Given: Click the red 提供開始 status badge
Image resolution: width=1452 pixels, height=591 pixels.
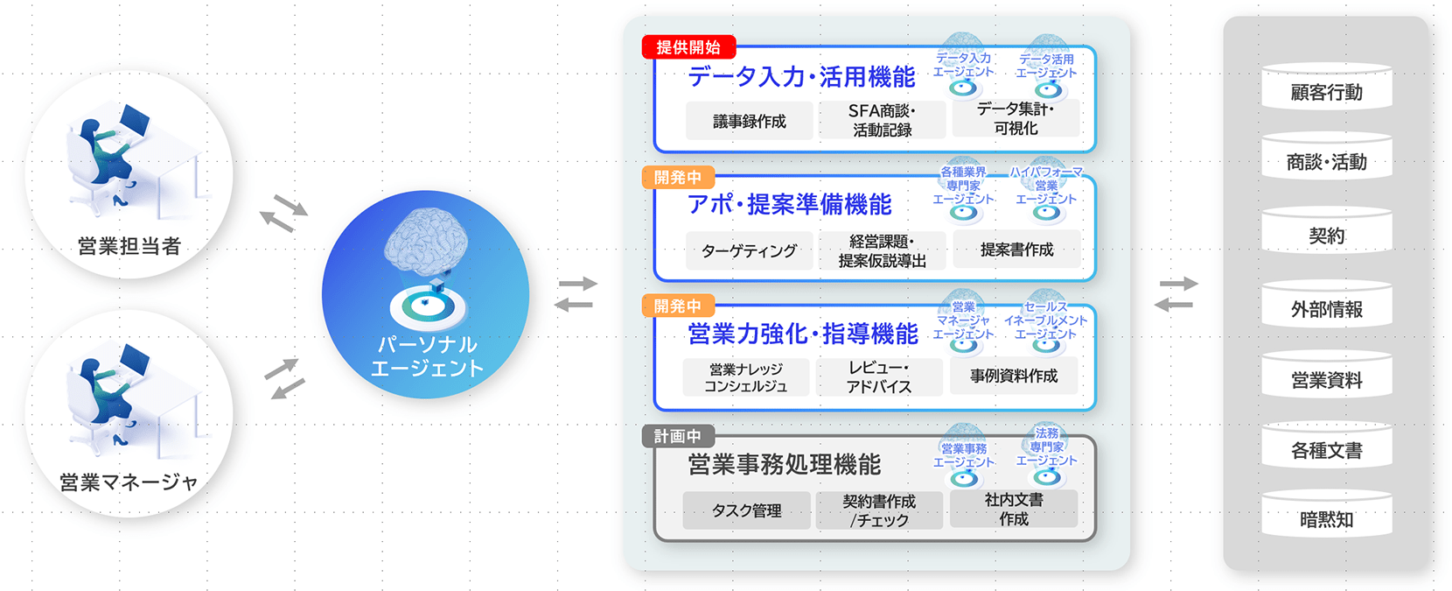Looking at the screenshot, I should point(688,47).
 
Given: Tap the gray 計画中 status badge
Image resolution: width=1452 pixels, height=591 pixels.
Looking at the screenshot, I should point(677,436).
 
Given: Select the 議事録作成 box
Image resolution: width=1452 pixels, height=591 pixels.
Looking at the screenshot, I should point(750,121).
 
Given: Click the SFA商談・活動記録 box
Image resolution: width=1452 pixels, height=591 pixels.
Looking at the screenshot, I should point(882,121).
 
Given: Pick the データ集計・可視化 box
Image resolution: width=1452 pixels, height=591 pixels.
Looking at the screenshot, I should point(1016,118).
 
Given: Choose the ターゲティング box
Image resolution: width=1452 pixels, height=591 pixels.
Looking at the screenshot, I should point(750,250).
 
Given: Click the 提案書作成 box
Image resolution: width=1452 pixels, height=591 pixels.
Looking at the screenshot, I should point(1016,250).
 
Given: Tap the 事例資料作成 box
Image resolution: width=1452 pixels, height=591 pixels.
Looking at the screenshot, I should point(1014,376).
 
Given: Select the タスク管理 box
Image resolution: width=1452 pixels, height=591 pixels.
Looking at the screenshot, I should point(746,510).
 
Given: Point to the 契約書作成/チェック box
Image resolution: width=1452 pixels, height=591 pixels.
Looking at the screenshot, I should point(879,510).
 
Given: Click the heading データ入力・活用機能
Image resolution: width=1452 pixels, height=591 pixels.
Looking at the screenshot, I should point(801,77).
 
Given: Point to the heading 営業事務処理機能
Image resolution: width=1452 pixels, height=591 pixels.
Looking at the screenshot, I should point(784,464).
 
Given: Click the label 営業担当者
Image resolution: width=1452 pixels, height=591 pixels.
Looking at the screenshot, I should point(129,246).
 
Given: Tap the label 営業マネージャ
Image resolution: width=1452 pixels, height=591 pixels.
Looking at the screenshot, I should point(129,482).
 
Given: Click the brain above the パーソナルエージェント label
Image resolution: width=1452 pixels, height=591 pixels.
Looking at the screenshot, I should point(426,237).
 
